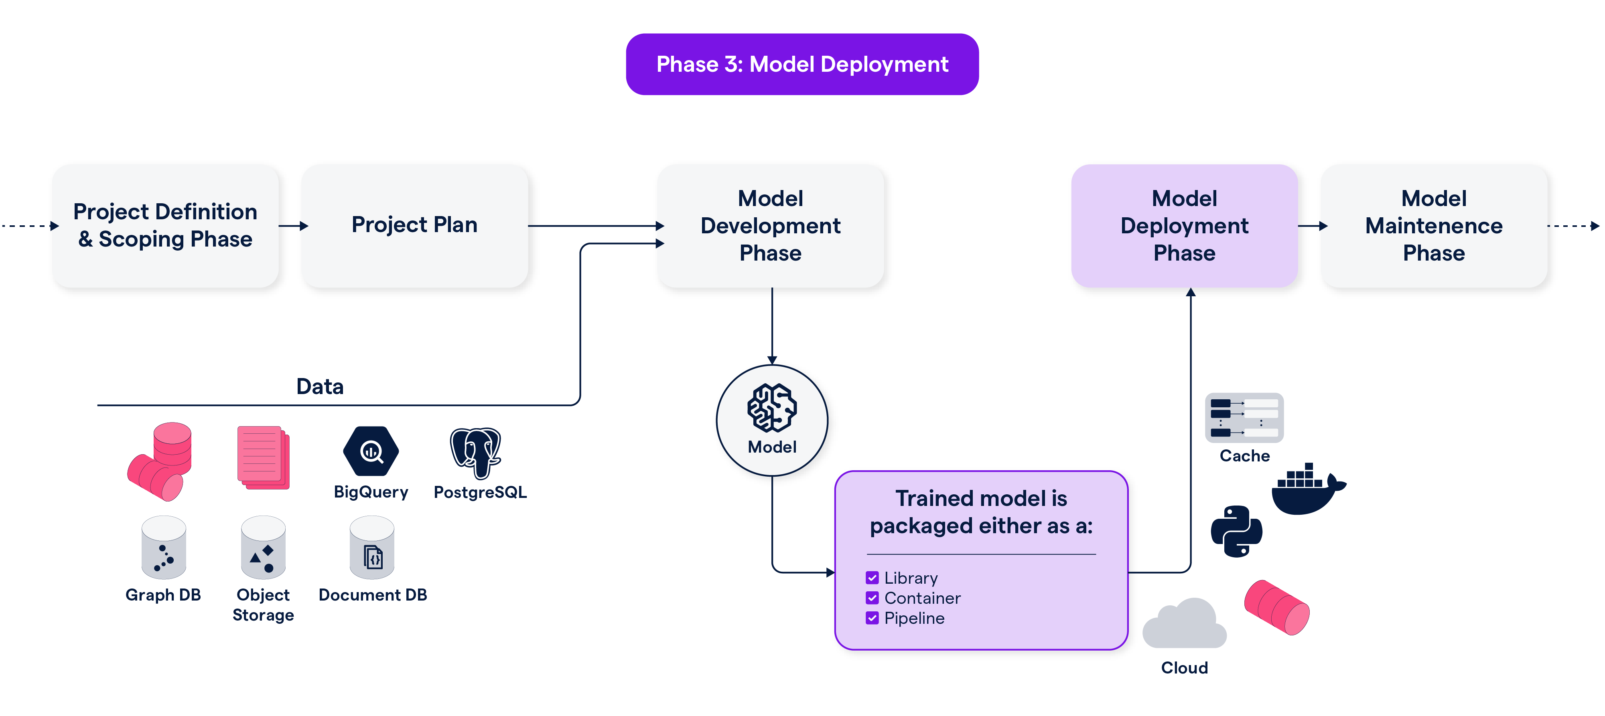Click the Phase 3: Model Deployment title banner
point(802,64)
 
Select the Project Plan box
point(414,225)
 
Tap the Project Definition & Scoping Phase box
point(165,225)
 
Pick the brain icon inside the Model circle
point(771,408)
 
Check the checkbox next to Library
point(872,578)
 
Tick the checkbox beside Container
point(872,598)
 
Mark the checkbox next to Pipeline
point(872,618)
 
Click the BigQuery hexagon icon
point(371,451)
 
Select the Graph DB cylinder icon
point(163,548)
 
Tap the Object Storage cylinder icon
point(263,548)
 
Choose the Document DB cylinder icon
point(372,548)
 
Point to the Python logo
point(1236,531)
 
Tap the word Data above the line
point(320,386)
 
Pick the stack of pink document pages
point(263,457)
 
